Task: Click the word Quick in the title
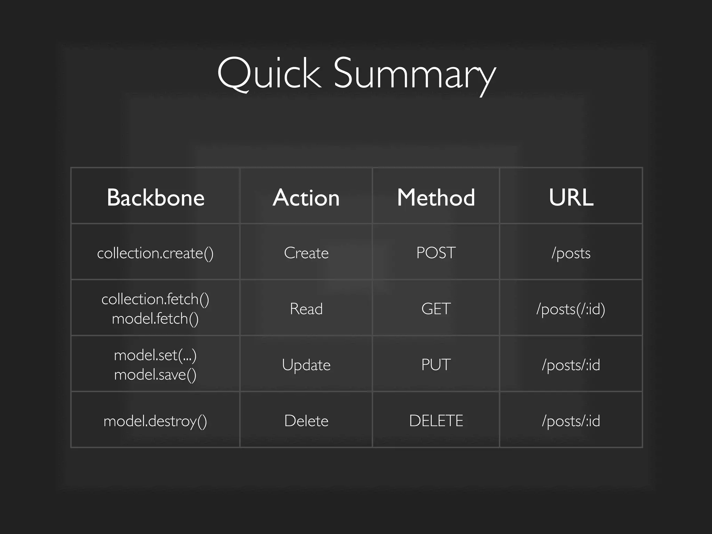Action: click(x=268, y=74)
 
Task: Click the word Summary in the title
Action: click(x=414, y=75)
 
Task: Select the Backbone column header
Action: click(x=155, y=197)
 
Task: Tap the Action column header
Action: click(x=306, y=197)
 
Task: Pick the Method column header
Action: click(x=436, y=197)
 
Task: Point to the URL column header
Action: click(x=571, y=197)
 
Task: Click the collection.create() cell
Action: click(x=155, y=253)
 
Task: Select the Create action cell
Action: click(x=306, y=253)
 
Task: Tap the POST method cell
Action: click(x=436, y=253)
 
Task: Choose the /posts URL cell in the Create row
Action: click(x=571, y=253)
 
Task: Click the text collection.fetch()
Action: click(x=155, y=299)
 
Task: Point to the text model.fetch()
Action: click(x=155, y=318)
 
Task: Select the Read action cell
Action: click(x=306, y=309)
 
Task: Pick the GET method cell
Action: click(x=436, y=309)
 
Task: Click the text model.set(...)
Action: click(x=155, y=355)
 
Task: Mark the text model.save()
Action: click(x=155, y=374)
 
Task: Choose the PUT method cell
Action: click(x=436, y=365)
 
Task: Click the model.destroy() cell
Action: click(x=155, y=421)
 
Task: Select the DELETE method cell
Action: click(x=436, y=421)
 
